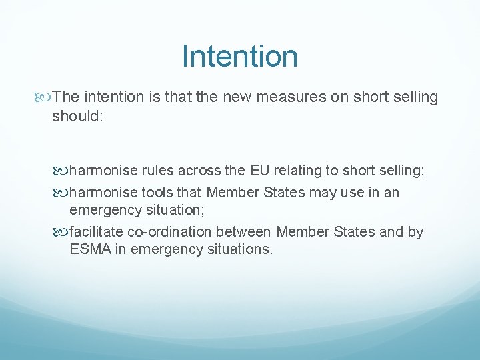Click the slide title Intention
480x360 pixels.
(x=239, y=56)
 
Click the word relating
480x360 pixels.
(x=298, y=171)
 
